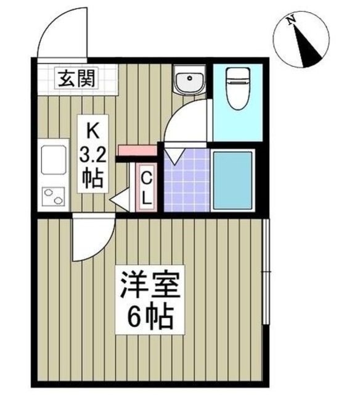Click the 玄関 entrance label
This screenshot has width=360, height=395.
coord(76,78)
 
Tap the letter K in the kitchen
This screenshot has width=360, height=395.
coord(92,130)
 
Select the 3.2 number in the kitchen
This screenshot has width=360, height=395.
coord(92,152)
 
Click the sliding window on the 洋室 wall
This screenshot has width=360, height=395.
coord(266,272)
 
